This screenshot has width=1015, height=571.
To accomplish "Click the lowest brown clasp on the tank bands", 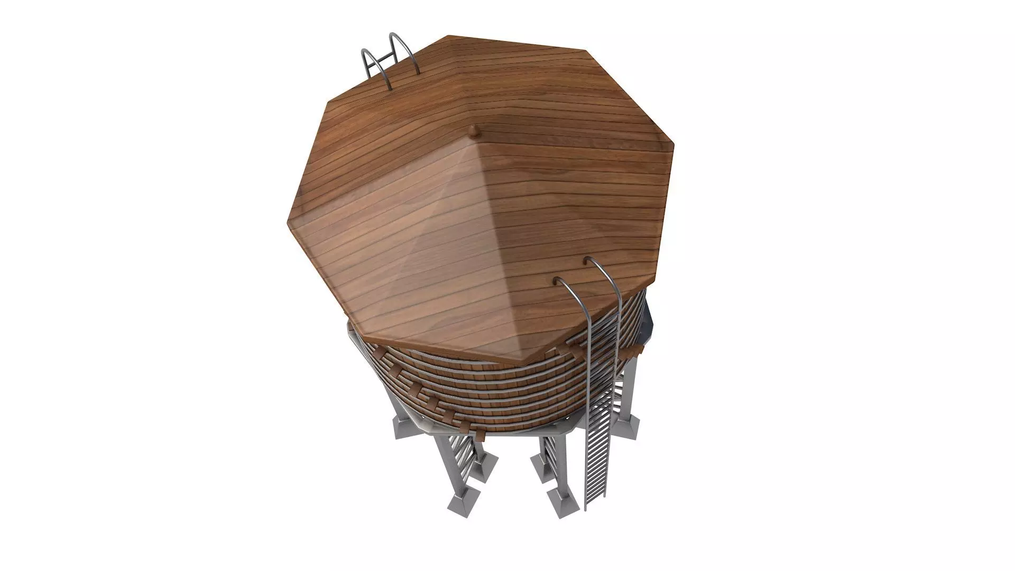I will pyautogui.click(x=479, y=435).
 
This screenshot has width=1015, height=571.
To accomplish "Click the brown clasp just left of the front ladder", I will pyautogui.click(x=570, y=344).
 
